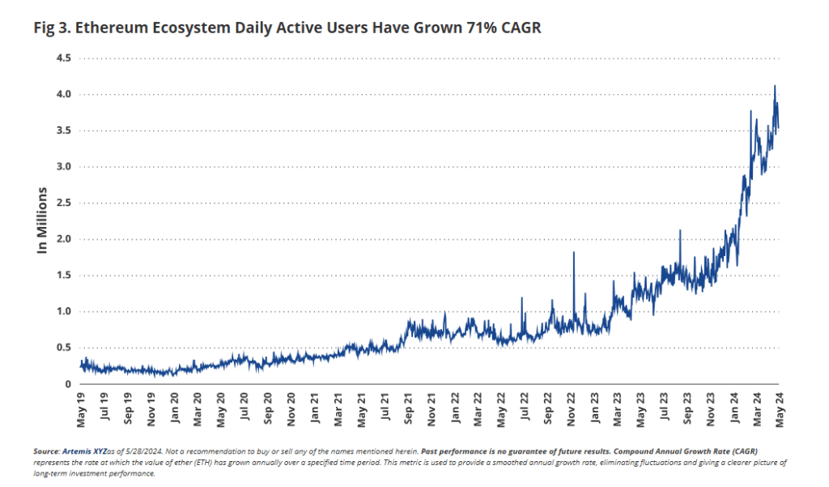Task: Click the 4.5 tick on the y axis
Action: point(63,58)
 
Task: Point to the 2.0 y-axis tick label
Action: point(63,239)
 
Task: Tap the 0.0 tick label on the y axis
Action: point(63,383)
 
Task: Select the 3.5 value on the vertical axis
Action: point(63,130)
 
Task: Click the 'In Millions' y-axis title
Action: point(42,220)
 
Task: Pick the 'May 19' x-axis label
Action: point(82,411)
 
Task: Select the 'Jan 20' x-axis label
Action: point(175,411)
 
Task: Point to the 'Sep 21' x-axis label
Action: point(408,411)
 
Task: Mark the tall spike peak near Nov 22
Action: point(573,253)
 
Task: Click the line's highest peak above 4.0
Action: point(776,86)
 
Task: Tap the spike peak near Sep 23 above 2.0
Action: point(680,230)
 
